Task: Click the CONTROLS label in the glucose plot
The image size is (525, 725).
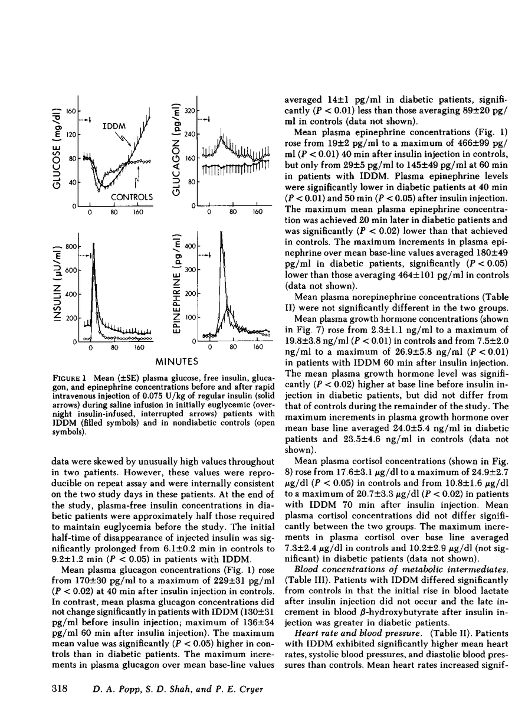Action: [133, 197]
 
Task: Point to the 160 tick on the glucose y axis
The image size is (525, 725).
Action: [72, 110]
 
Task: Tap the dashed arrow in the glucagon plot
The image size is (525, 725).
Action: [206, 120]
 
